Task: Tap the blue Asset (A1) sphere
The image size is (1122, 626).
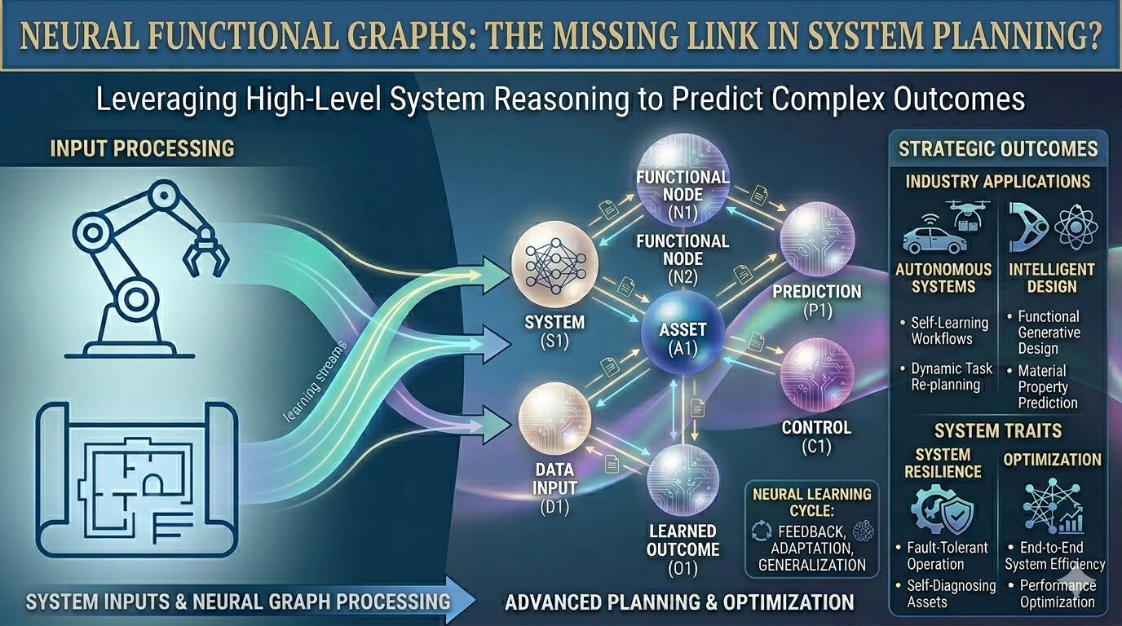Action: click(682, 329)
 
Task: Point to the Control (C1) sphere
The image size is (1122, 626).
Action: click(817, 374)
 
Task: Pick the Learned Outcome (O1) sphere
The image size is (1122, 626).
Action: click(682, 481)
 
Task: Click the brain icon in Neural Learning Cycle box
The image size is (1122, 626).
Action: click(863, 531)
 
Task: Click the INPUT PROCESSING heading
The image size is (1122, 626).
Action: click(142, 148)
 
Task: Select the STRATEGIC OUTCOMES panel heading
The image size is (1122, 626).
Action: click(998, 148)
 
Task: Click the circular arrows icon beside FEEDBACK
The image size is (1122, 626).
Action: click(761, 531)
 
